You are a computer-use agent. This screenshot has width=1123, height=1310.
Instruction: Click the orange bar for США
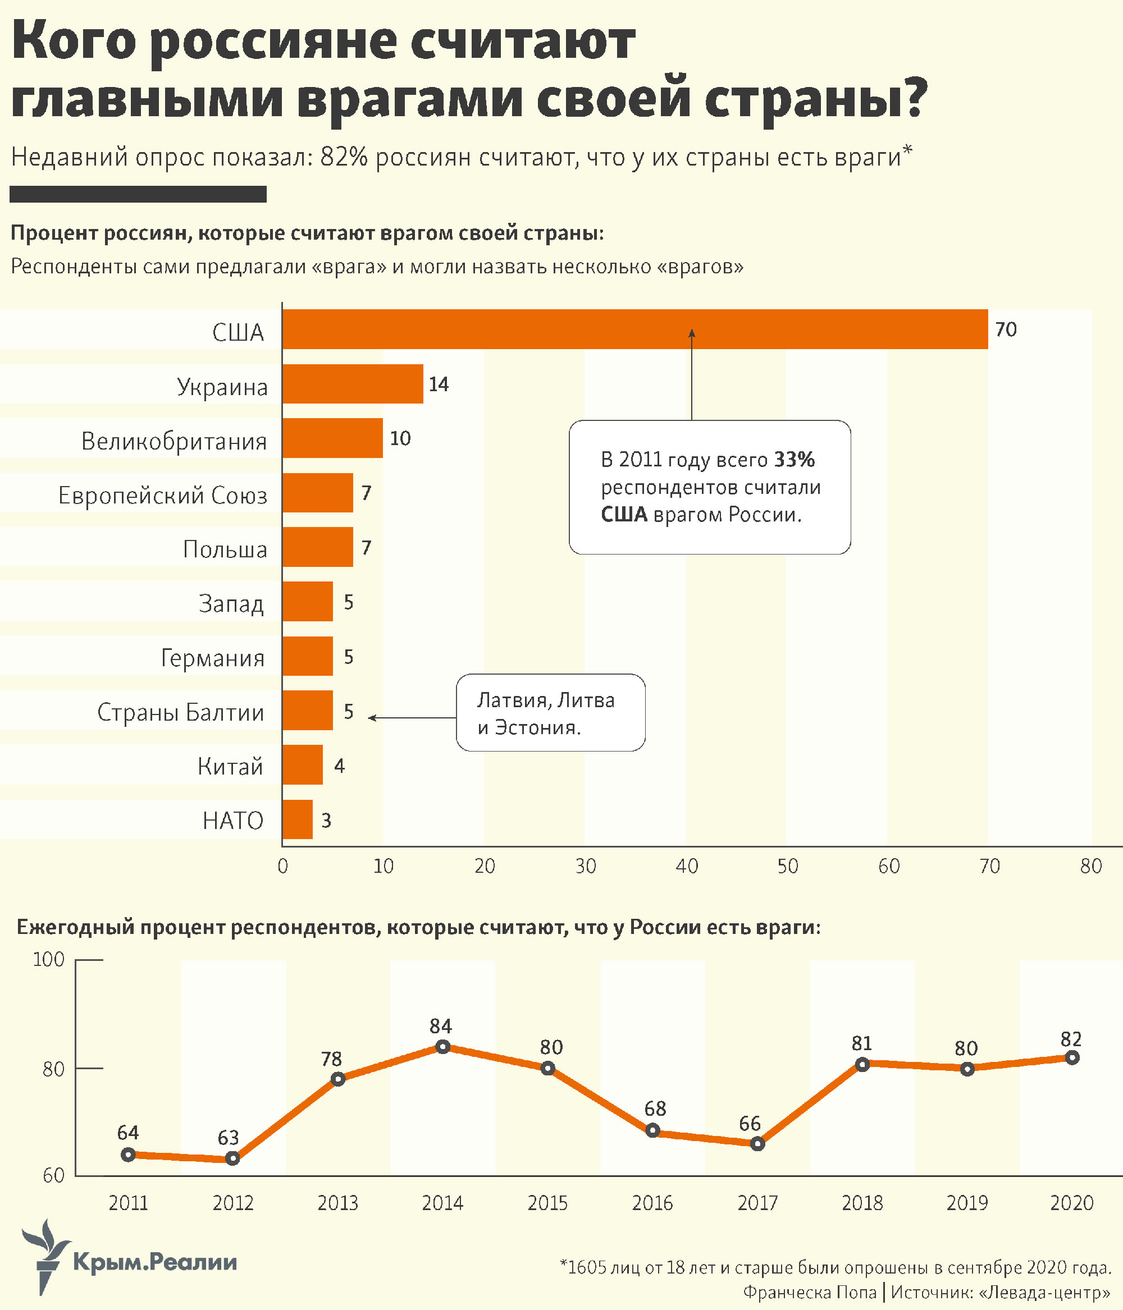(x=634, y=329)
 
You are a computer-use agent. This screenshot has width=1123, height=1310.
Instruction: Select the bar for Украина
(x=353, y=384)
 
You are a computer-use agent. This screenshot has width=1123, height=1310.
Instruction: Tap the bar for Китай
(x=303, y=764)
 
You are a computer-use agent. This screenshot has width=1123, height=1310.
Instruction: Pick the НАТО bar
(x=298, y=819)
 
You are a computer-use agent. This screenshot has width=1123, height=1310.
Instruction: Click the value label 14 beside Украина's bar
(x=439, y=384)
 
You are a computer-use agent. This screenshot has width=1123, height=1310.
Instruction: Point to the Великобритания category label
(x=174, y=441)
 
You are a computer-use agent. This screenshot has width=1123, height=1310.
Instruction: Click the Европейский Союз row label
(x=163, y=495)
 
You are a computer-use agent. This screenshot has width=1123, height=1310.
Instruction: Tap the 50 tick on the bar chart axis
(x=788, y=866)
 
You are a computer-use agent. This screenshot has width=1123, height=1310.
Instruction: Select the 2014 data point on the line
(x=443, y=1047)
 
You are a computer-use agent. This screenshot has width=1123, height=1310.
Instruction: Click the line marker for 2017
(x=757, y=1144)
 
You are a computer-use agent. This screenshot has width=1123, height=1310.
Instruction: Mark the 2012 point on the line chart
(x=233, y=1158)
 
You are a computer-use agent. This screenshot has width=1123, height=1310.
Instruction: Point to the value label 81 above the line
(x=862, y=1043)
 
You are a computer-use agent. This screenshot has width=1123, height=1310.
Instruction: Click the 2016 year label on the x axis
(x=652, y=1203)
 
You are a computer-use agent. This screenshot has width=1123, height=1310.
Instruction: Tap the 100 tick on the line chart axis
(x=49, y=960)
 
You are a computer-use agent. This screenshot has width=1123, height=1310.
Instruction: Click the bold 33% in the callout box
(x=795, y=460)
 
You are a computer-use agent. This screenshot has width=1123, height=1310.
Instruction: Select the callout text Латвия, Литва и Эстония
(x=545, y=713)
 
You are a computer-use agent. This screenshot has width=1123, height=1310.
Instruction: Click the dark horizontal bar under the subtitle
(x=138, y=194)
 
